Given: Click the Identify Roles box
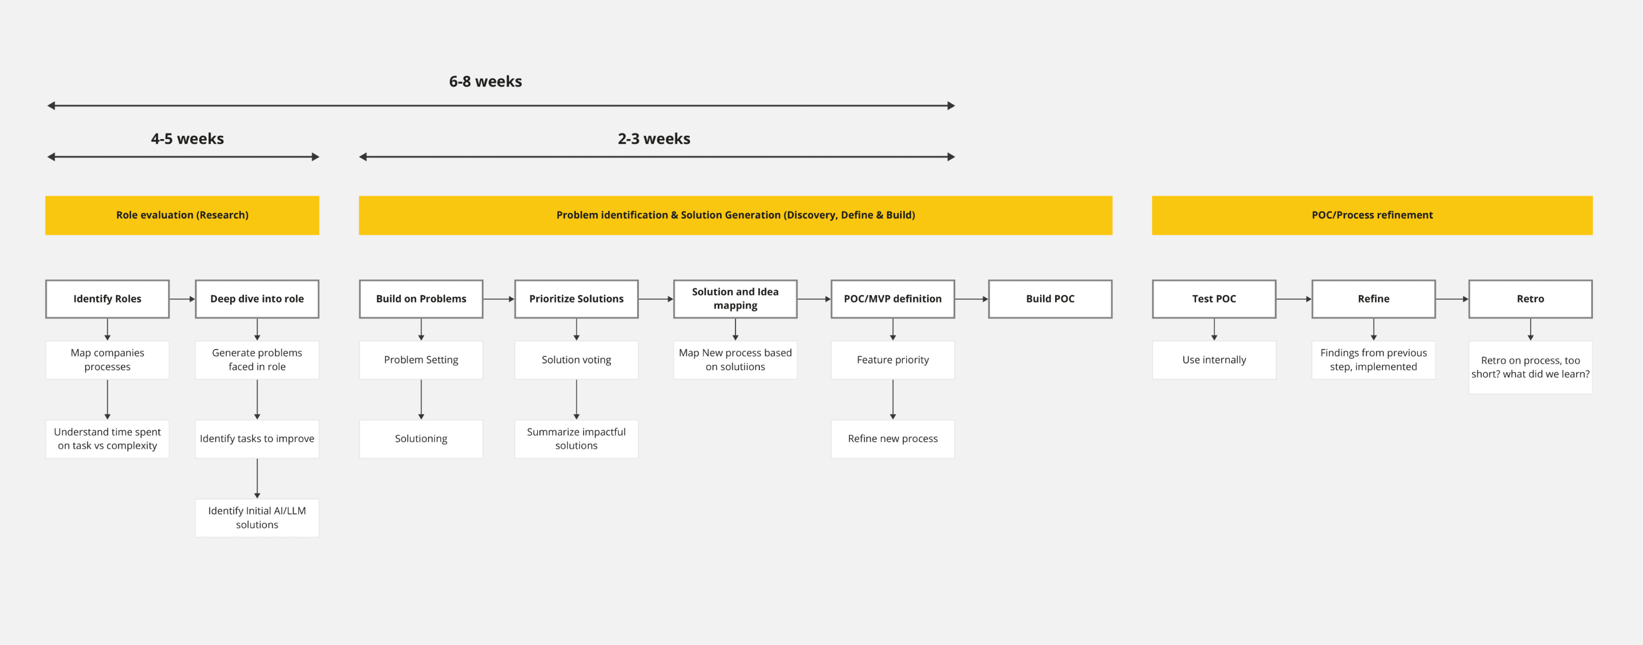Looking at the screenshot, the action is coord(107,299).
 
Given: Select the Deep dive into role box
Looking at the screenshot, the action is coord(257,299).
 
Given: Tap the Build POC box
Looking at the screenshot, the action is coord(1050,299).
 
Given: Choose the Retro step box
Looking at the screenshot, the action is coord(1530,299).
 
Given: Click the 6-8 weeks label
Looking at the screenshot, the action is coord(486,82).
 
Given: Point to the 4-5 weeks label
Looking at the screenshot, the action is coord(187,139).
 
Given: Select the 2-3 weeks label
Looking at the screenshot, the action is coord(654,139).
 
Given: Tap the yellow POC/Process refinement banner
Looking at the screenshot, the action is coord(1372,215).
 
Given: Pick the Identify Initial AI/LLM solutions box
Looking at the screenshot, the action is coord(257,517).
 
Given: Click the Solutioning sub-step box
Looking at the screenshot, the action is coord(421,439).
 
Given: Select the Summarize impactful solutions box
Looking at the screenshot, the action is coord(576,439).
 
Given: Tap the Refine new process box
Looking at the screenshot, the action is coord(892,439).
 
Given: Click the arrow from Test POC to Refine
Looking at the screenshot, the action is coord(1294,299).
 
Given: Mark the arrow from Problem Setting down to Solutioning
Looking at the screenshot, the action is coord(421,399).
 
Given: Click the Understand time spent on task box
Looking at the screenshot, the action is coord(107,439).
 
